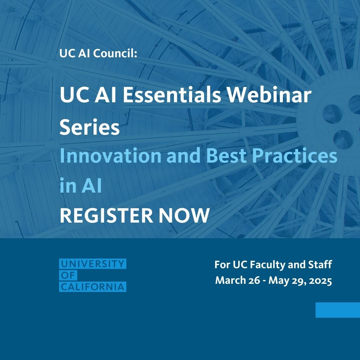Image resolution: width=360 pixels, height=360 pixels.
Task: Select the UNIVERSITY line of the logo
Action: [92, 264]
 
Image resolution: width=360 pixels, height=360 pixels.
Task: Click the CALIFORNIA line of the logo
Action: [92, 287]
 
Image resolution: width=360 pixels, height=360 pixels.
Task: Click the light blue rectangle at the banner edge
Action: [337, 310]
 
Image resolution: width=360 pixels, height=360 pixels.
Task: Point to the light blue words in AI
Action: [81, 186]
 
